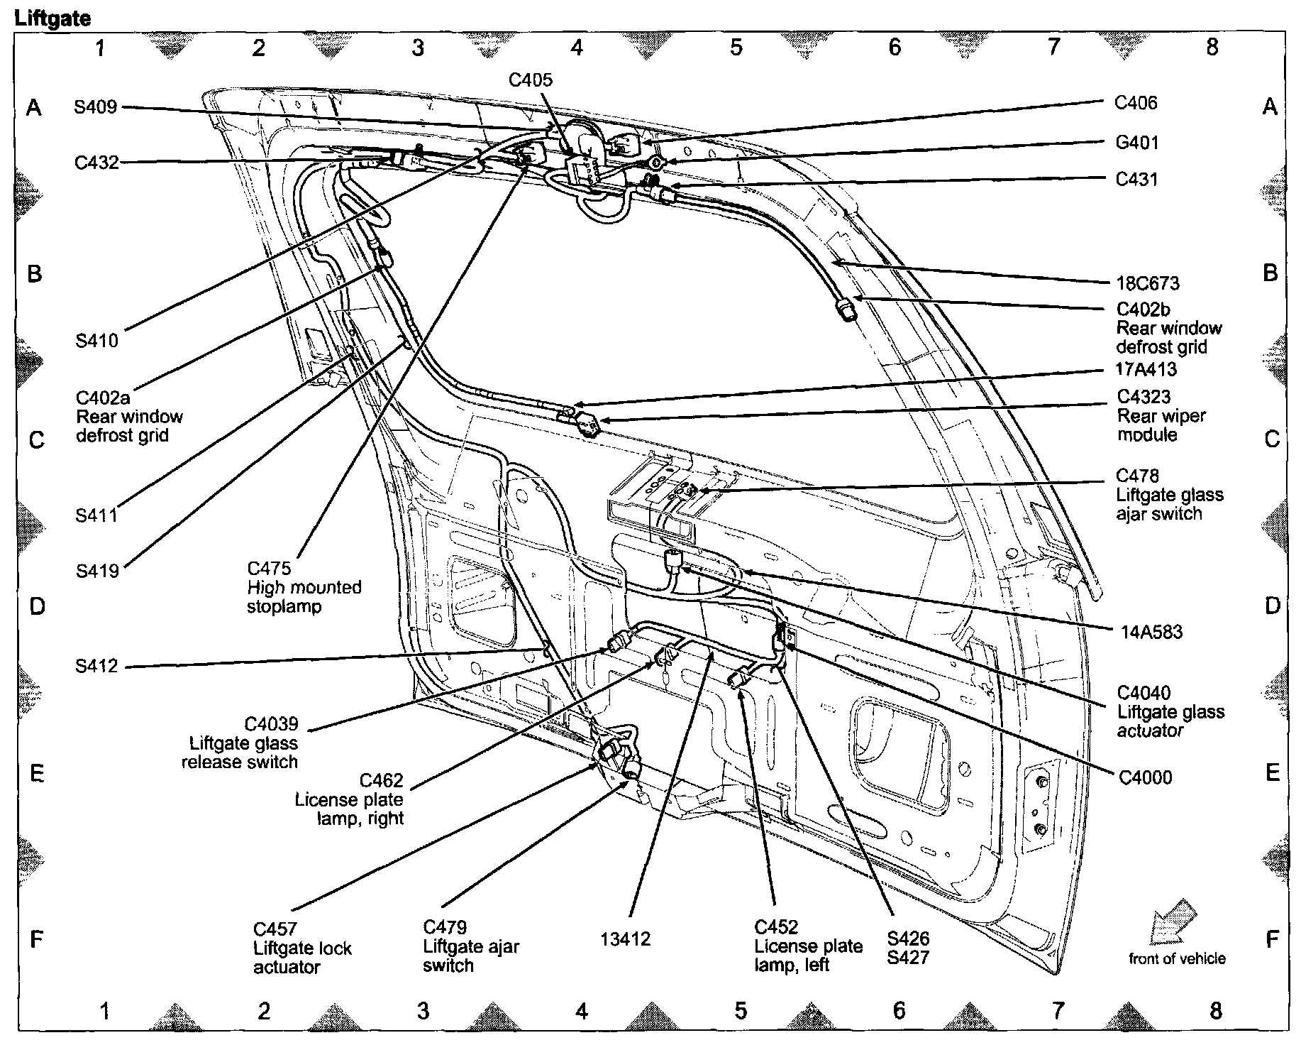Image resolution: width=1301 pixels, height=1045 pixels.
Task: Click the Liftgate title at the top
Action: (x=53, y=18)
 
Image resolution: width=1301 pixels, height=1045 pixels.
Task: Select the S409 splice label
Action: (x=96, y=108)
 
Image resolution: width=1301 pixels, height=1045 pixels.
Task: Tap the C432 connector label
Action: (x=96, y=163)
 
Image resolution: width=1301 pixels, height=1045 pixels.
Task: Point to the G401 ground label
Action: (x=1136, y=143)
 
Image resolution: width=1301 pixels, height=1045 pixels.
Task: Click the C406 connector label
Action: (x=1136, y=103)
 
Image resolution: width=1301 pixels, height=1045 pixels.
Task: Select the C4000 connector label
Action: (x=1145, y=777)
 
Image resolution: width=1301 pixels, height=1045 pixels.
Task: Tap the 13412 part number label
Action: (x=625, y=939)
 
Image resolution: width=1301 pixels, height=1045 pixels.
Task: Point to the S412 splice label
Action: (x=96, y=667)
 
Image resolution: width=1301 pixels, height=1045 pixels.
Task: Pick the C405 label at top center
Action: (x=531, y=80)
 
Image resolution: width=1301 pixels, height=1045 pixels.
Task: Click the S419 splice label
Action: (x=97, y=570)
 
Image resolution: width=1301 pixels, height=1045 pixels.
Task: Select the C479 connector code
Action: (x=445, y=928)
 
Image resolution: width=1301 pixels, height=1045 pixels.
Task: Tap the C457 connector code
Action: (x=275, y=929)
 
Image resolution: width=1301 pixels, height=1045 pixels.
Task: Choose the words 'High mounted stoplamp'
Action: (x=304, y=597)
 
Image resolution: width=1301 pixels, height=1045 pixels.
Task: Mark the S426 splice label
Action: (x=909, y=939)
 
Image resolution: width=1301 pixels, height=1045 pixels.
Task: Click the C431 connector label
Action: (x=1136, y=179)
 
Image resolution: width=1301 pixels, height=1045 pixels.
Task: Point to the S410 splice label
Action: (x=97, y=341)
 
